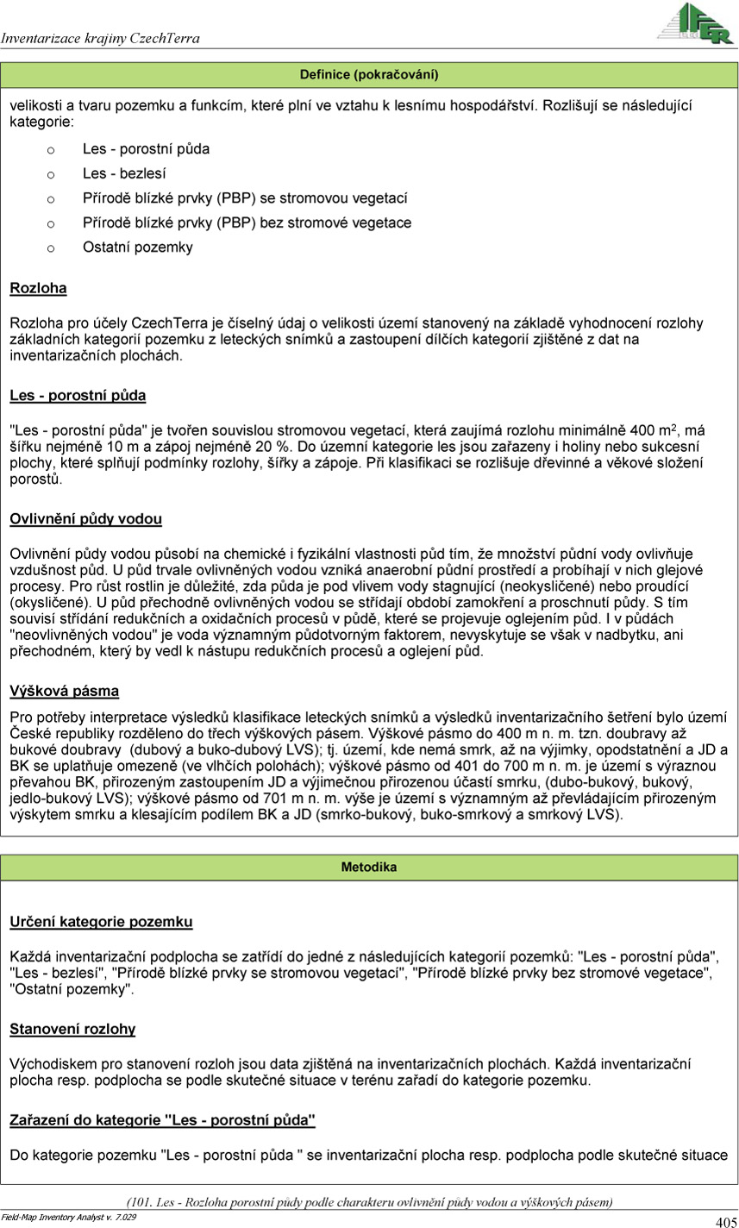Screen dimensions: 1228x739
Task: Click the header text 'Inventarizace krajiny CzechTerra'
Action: click(x=100, y=38)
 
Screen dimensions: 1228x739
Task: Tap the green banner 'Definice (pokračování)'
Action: click(x=369, y=75)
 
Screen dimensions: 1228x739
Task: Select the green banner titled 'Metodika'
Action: click(x=369, y=867)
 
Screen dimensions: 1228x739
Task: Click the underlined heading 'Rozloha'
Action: click(x=38, y=288)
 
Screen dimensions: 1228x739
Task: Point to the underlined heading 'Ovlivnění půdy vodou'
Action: click(x=85, y=519)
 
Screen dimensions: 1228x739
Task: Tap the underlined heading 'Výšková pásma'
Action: click(x=64, y=691)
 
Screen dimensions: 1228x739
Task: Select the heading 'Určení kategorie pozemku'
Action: click(x=101, y=922)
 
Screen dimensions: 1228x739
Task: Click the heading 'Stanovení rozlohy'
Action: click(x=72, y=1029)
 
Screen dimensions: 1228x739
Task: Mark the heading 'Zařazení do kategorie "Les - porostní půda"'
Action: click(x=162, y=1120)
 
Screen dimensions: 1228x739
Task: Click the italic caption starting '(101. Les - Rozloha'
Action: click(x=369, y=1201)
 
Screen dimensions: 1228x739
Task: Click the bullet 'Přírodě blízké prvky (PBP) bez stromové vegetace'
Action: click(x=235, y=222)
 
